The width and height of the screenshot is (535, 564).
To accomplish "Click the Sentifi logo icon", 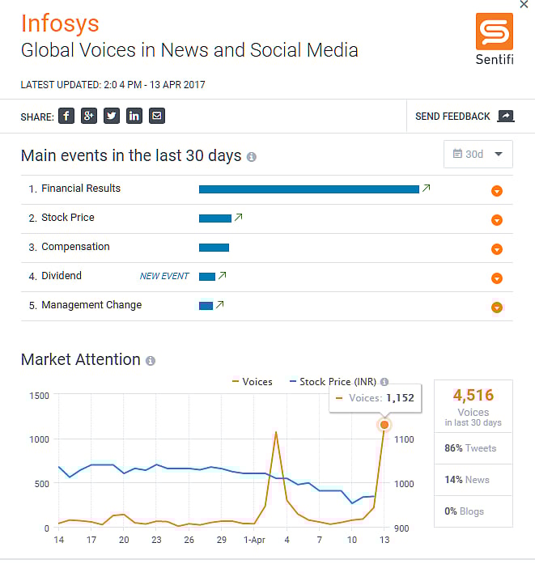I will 495,32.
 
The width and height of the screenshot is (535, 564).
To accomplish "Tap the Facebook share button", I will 66,116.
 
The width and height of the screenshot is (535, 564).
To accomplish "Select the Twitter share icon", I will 112,116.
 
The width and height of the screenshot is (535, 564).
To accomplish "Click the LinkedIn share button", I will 134,116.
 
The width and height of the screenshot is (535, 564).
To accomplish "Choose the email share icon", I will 157,116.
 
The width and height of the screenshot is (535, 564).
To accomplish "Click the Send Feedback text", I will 452,117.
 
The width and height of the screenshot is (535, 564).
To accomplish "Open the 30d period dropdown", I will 478,154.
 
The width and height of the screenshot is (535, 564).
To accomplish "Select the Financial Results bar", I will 308,189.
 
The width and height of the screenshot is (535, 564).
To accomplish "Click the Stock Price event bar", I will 214,218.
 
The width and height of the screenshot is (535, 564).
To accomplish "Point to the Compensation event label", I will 75,247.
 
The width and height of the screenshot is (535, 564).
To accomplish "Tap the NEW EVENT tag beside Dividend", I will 164,276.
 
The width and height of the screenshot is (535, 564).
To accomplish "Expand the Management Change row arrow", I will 497,307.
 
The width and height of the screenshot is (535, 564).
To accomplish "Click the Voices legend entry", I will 252,381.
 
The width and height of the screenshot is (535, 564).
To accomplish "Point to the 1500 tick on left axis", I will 39,396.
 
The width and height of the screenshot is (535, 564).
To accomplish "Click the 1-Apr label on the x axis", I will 254,540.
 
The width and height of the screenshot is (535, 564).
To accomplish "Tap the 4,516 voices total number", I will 473,396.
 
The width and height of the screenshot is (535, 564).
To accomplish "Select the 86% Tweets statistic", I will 470,448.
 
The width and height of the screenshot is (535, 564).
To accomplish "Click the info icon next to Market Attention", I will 151,361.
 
